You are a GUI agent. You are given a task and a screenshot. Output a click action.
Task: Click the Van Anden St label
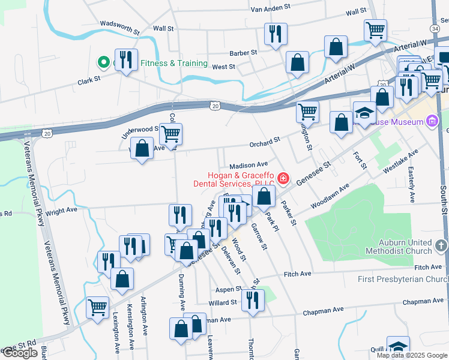tap(270, 9)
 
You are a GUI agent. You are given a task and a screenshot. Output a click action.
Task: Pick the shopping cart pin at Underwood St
tap(171, 134)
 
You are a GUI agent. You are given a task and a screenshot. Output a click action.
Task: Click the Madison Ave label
tap(248, 164)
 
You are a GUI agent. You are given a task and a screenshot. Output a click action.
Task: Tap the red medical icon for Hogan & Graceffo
tap(282, 179)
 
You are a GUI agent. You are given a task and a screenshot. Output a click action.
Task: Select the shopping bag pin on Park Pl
tap(264, 196)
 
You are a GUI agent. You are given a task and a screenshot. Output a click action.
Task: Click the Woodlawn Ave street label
tap(330, 197)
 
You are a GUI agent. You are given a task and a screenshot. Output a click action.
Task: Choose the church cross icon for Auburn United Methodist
tap(441, 245)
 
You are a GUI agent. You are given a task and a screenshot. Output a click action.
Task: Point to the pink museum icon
tap(431, 122)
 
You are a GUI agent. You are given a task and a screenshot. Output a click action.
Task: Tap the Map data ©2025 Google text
tap(412, 355)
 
